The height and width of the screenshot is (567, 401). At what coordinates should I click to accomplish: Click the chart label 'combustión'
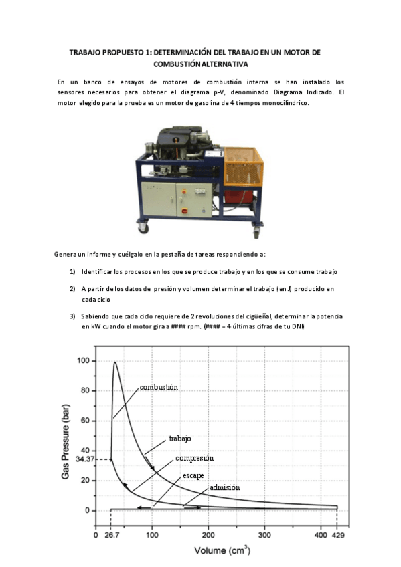[159, 388]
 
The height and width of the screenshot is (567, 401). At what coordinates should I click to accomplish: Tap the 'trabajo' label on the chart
[179, 439]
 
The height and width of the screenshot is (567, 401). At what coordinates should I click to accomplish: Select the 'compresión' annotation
[194, 459]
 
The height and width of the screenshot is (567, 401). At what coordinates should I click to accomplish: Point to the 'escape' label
[193, 475]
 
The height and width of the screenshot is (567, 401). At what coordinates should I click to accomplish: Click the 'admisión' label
[224, 488]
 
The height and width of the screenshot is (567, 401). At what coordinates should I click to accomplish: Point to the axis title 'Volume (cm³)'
[222, 551]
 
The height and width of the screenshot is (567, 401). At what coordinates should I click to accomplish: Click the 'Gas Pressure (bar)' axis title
[66, 435]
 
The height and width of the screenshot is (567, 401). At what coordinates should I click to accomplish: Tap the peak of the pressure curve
[115, 363]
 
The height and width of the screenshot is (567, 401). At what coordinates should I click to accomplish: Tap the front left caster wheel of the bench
[143, 227]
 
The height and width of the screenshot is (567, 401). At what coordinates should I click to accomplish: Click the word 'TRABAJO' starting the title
[85, 52]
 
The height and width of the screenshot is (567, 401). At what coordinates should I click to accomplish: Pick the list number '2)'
[72, 288]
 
